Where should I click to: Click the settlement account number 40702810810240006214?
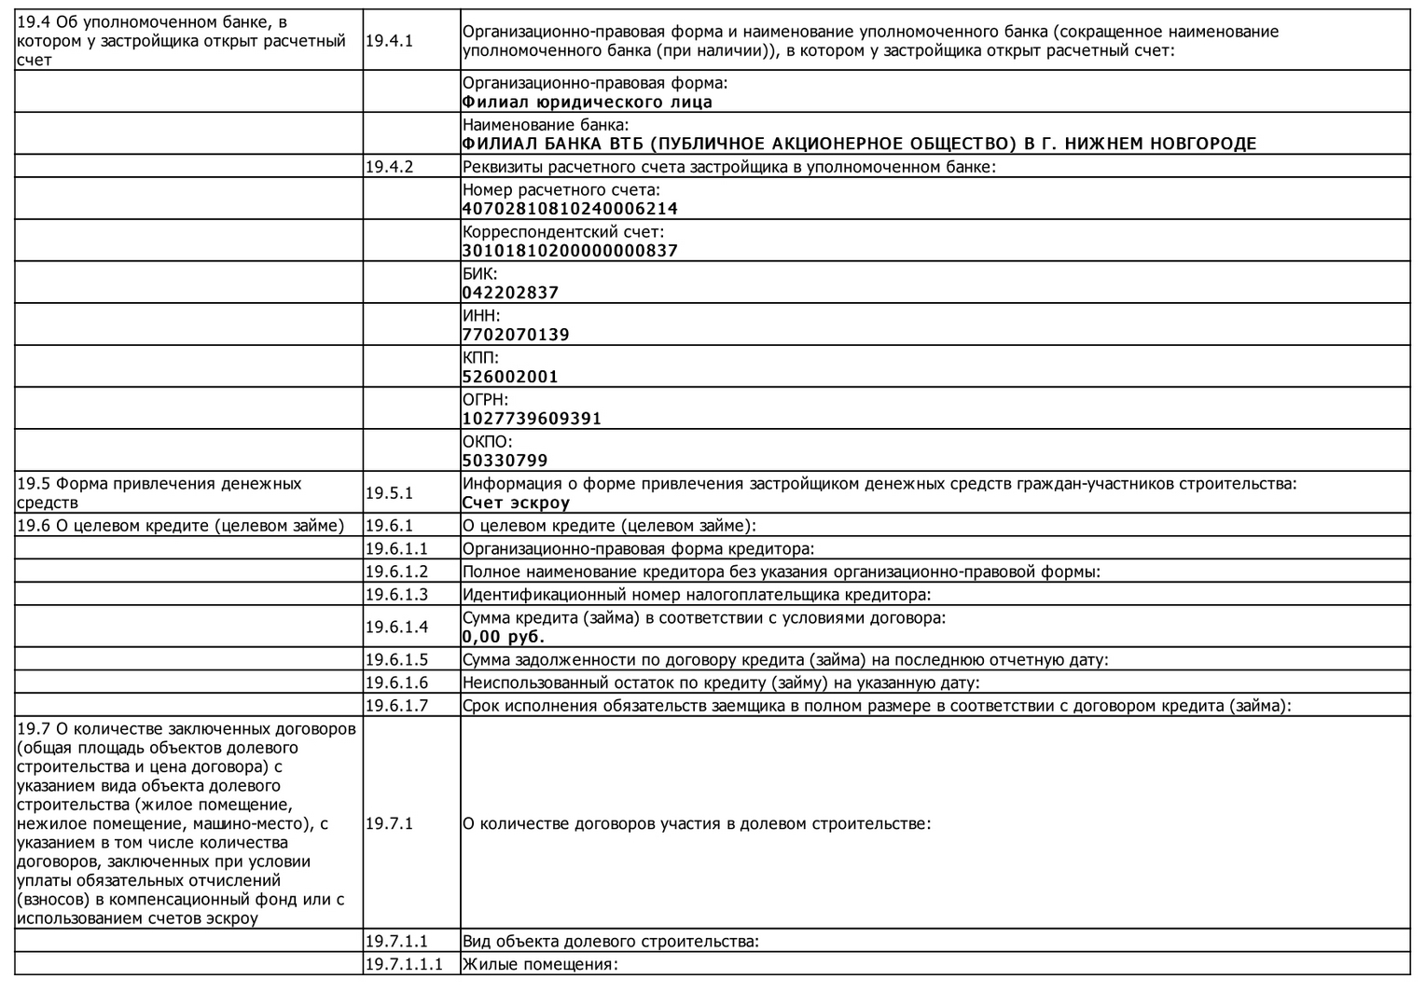point(570,209)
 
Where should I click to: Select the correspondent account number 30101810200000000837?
point(570,251)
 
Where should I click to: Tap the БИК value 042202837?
point(510,293)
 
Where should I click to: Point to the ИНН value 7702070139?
point(516,335)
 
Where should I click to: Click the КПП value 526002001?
point(510,377)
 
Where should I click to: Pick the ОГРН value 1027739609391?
point(532,419)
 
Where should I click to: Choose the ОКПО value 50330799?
point(505,461)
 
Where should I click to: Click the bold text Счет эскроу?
point(516,503)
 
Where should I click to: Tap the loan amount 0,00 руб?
point(504,637)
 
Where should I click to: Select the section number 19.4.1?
point(389,41)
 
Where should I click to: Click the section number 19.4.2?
point(389,167)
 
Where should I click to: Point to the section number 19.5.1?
point(389,493)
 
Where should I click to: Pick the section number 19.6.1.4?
point(396,627)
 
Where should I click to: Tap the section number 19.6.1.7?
point(396,706)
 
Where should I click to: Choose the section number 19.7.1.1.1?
point(404,964)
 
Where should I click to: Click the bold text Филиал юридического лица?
point(587,102)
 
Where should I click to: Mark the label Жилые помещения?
point(540,964)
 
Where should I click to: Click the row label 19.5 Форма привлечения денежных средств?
point(159,493)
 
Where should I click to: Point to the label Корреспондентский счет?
point(563,231)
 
